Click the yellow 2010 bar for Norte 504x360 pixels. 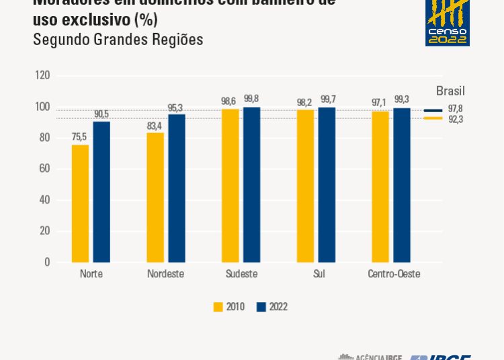(x=80, y=204)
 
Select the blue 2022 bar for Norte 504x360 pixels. (x=101, y=192)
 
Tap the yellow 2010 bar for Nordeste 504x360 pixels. (x=155, y=197)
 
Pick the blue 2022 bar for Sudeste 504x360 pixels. (x=251, y=185)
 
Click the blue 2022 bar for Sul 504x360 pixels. (x=327, y=185)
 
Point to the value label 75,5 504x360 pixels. (x=80, y=137)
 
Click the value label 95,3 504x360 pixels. (x=177, y=107)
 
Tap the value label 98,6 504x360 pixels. (x=230, y=101)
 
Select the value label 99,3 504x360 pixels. (x=402, y=100)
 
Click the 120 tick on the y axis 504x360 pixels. (x=42, y=76)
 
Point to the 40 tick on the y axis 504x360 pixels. (x=44, y=200)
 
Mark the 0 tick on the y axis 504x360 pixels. (x=46, y=262)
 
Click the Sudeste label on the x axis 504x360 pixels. (x=241, y=274)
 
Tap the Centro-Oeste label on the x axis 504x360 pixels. (x=394, y=274)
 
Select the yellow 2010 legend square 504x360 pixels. (x=218, y=307)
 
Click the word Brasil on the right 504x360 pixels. (x=450, y=91)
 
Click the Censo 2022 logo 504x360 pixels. (x=448, y=23)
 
